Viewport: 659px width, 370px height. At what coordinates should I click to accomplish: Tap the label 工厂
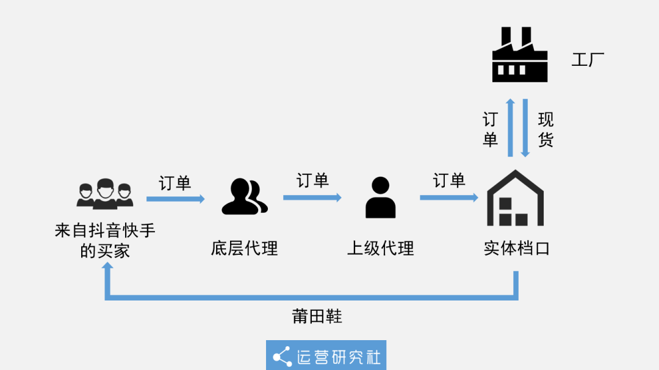coord(588,60)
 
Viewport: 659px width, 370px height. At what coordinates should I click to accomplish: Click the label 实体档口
coord(517,249)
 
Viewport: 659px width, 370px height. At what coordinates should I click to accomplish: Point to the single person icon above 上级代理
coord(380,197)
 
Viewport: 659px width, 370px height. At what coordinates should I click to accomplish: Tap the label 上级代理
coord(380,249)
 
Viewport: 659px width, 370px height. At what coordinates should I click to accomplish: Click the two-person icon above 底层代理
coord(244,197)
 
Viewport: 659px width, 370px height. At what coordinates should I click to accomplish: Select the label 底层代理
coord(244,249)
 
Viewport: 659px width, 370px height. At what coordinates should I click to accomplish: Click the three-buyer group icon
coord(105,194)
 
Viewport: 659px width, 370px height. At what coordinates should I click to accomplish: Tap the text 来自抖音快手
coord(105,231)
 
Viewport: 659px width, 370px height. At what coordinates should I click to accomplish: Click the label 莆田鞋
coord(317,316)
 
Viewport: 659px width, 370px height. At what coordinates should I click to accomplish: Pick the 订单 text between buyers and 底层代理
coord(175,183)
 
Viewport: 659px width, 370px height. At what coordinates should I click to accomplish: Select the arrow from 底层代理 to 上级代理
coord(312,197)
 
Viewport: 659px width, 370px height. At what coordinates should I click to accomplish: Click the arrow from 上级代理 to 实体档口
coord(448,197)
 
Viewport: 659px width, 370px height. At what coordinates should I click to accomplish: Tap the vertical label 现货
coord(546,129)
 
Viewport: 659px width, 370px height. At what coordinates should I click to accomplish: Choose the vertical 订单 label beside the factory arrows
coord(491,129)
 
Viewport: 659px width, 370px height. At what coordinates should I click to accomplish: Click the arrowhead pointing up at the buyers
coord(107,269)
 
